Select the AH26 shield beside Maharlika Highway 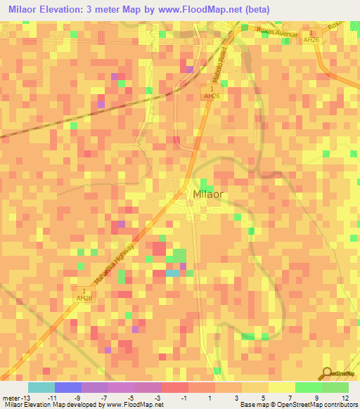pyautogui.click(x=84, y=294)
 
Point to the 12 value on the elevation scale pyautogui.click(x=345, y=396)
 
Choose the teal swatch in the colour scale pyautogui.click(x=41, y=387)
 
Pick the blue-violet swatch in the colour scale pyautogui.click(x=68, y=387)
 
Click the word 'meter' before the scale pyautogui.click(x=11, y=396)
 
